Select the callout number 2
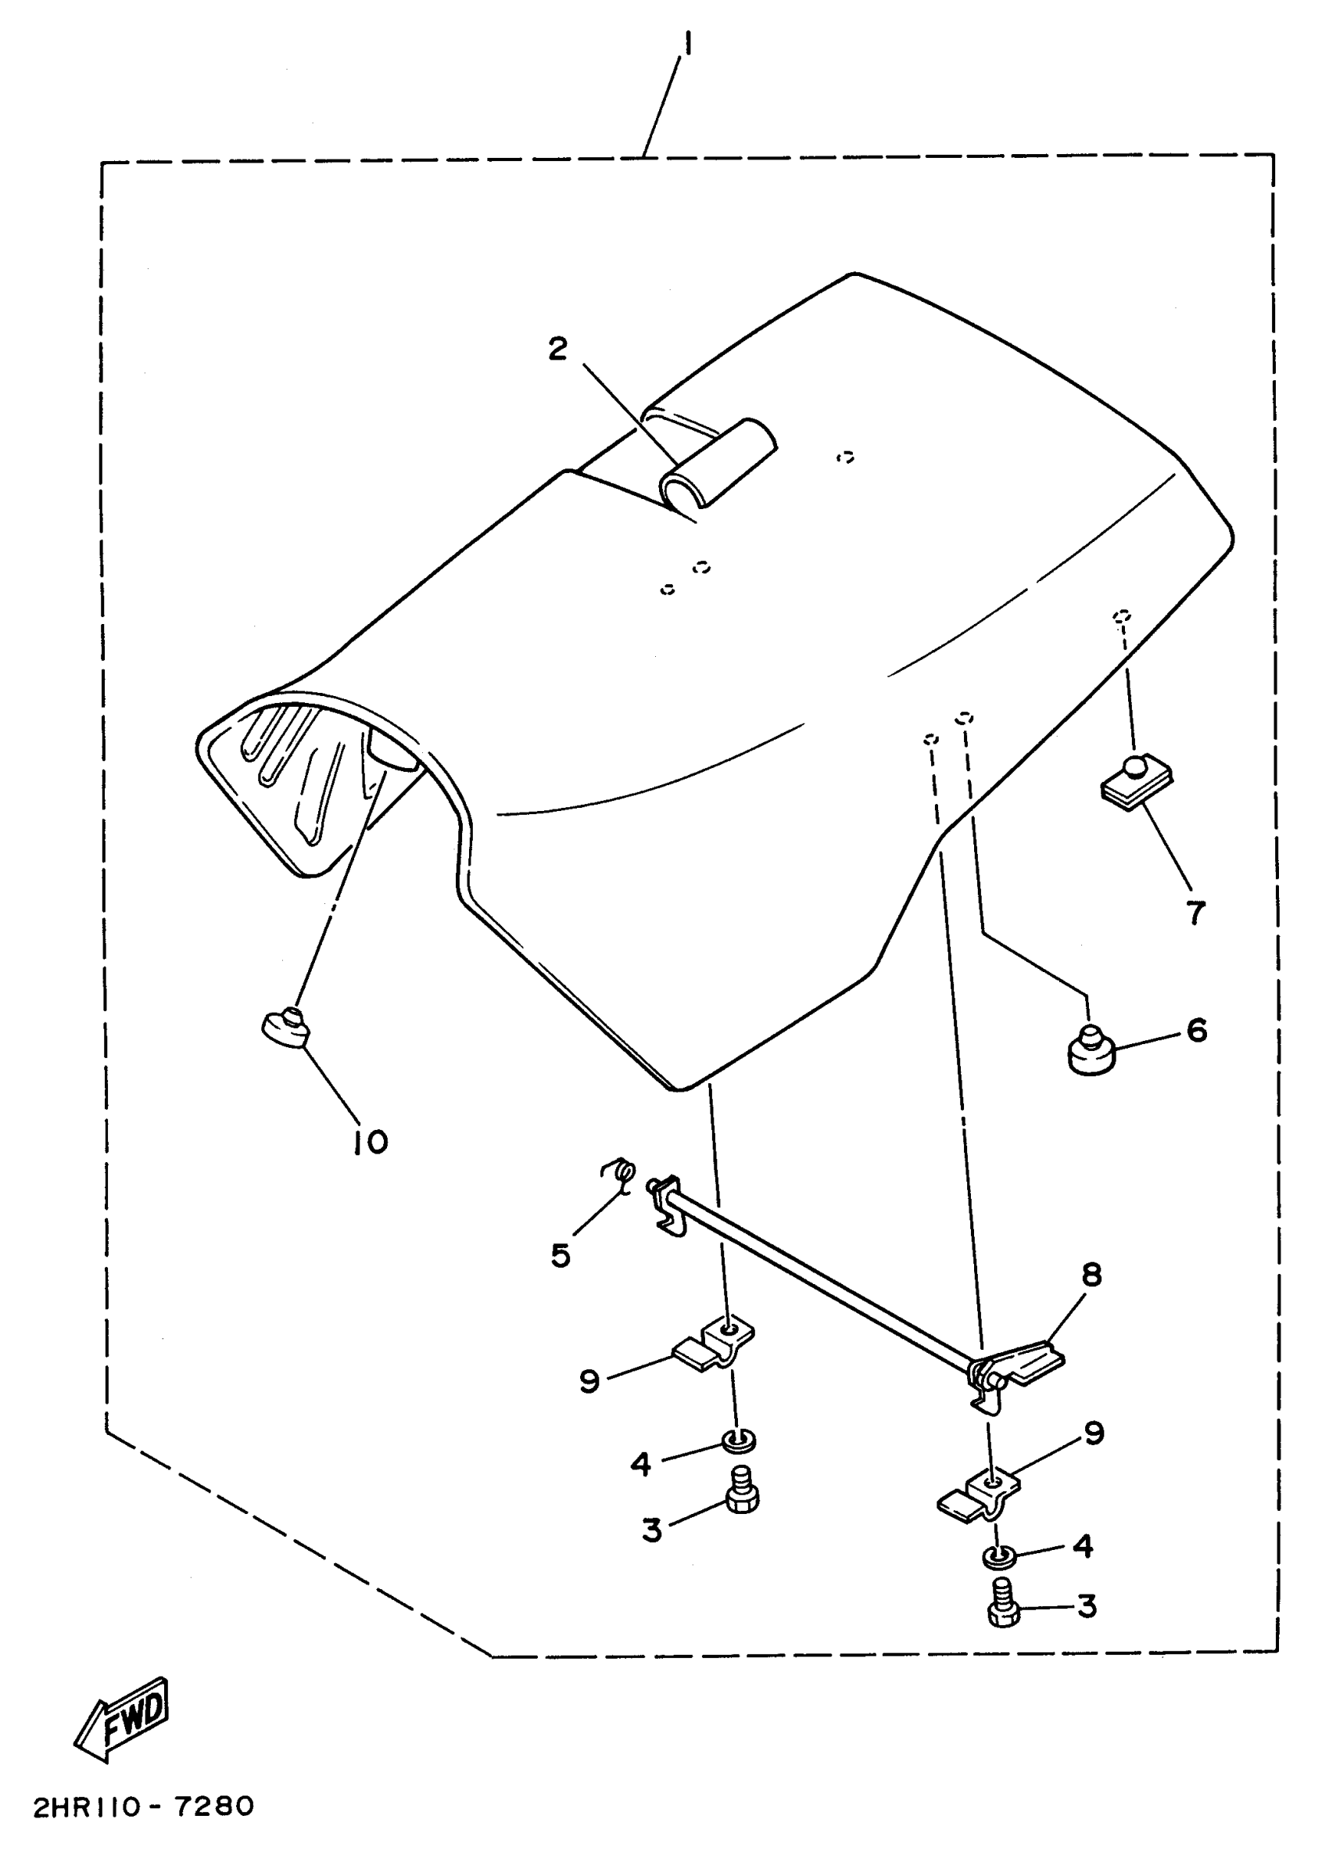coord(557,349)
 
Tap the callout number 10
coord(371,1143)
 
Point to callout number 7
coord(1195,912)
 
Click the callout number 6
coord(1196,1031)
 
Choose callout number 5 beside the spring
coord(561,1254)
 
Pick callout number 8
coord(1091,1275)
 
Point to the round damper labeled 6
coord(1091,1050)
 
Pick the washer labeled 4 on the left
coord(738,1438)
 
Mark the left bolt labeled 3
coord(741,1492)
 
